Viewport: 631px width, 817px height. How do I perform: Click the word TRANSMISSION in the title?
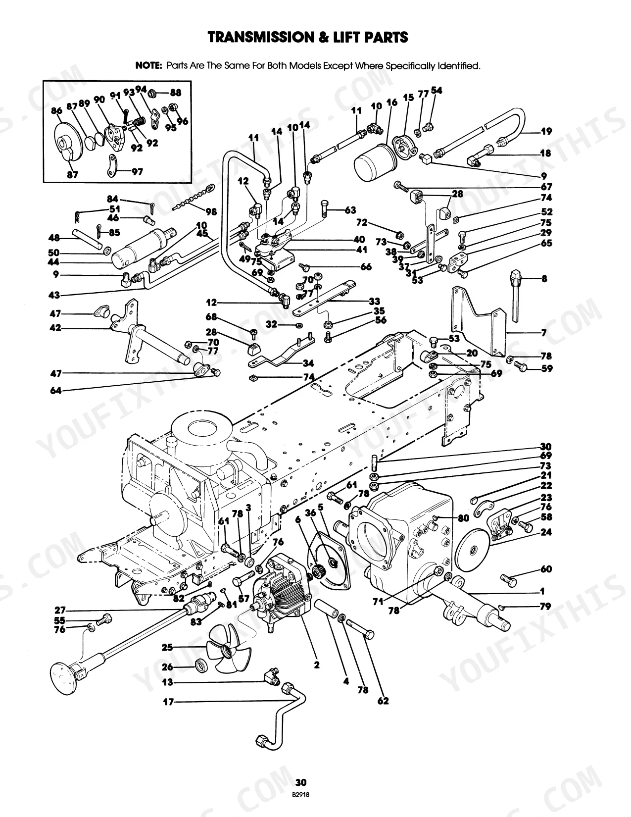point(257,37)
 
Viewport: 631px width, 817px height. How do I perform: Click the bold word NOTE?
point(148,66)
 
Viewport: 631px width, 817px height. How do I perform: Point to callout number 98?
point(211,211)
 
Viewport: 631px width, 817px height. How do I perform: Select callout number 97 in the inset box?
point(137,172)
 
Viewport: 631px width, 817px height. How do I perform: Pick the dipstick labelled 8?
point(517,295)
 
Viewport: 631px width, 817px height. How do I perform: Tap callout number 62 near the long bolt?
point(383,701)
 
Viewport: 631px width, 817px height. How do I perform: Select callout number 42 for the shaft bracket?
point(55,328)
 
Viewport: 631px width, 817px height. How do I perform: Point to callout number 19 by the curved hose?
point(546,131)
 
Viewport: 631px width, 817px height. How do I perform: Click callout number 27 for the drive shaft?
point(60,610)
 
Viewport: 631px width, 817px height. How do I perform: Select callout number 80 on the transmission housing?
point(463,518)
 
